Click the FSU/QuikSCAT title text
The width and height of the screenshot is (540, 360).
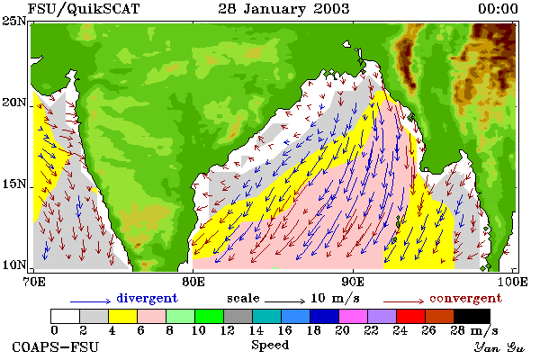(84, 9)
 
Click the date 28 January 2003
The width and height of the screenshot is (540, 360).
(283, 9)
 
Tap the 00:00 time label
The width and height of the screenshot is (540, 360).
(498, 9)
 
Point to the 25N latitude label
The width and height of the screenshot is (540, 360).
(13, 22)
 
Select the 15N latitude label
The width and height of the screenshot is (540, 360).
(13, 184)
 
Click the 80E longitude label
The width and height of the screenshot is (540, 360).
(193, 282)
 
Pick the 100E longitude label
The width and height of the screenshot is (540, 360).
(513, 282)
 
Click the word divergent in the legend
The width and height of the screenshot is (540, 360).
(147, 298)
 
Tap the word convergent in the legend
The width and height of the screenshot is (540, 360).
(465, 298)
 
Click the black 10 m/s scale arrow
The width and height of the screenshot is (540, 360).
(284, 301)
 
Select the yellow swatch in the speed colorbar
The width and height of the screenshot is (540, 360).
(123, 316)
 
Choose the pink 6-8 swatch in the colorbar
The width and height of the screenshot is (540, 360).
(151, 316)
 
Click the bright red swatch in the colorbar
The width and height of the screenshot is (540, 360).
(411, 316)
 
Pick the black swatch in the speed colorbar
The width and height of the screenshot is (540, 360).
(472, 316)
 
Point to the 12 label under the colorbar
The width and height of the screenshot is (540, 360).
(228, 330)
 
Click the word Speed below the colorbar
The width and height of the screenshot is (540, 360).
(270, 345)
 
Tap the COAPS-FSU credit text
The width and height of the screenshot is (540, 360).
(55, 346)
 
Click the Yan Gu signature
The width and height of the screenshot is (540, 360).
(499, 347)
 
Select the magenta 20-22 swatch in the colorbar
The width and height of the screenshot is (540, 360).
(354, 316)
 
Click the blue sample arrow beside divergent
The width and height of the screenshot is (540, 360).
(91, 301)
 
